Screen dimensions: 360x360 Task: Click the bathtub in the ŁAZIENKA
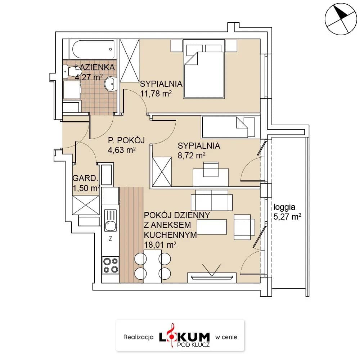coord(93,49)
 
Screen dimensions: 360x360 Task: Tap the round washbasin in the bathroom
coord(111,84)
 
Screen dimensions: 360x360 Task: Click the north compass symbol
coord(341,19)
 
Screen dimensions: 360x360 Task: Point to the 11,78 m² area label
coord(156,94)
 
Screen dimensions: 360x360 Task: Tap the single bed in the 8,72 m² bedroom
coord(228,127)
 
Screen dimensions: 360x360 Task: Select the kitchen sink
coord(111,220)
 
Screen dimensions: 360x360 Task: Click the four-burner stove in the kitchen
coord(111,265)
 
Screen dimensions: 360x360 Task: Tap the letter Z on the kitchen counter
coord(111,239)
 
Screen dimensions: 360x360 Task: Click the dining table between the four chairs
coord(153,266)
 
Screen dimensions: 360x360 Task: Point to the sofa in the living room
coord(212,200)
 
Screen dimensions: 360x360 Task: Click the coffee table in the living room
coord(212,227)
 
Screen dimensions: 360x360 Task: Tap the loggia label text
coord(284,207)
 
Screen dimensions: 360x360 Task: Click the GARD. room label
coord(85,178)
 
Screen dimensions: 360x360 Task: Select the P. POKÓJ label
coord(126,140)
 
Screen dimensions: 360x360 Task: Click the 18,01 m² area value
coord(160,245)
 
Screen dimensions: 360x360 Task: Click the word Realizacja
coord(139,337)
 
